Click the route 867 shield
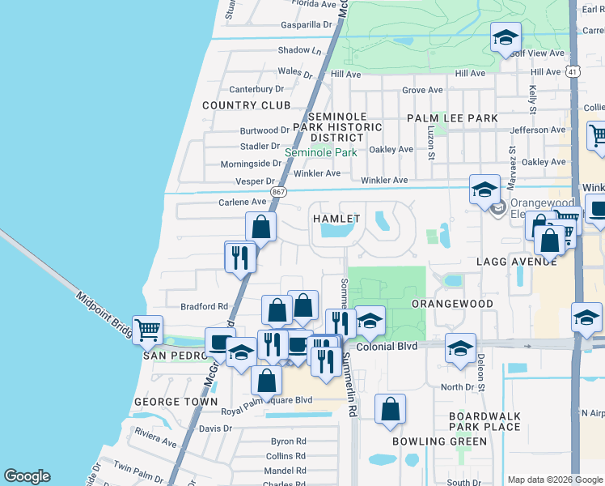pyautogui.click(x=278, y=192)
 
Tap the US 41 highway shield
pyautogui.click(x=573, y=72)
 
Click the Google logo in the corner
pyautogui.click(x=27, y=476)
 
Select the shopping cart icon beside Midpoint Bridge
pyautogui.click(x=147, y=330)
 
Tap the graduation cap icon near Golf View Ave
pyautogui.click(x=506, y=37)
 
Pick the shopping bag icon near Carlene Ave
pyautogui.click(x=261, y=228)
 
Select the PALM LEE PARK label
pyautogui.click(x=452, y=118)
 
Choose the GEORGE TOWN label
pyautogui.click(x=176, y=401)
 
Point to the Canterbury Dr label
pyautogui.click(x=257, y=89)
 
